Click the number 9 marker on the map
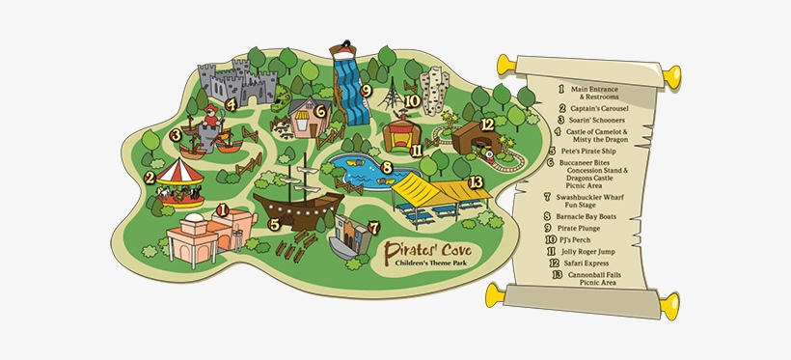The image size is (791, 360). [x=366, y=91]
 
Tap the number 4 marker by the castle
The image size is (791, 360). [x=232, y=104]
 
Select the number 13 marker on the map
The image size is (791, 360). [x=474, y=181]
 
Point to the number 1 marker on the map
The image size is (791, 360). [x=223, y=208]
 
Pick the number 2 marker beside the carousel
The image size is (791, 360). [x=150, y=177]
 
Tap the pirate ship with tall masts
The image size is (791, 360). [x=299, y=201]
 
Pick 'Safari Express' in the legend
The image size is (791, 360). [x=606, y=261]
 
